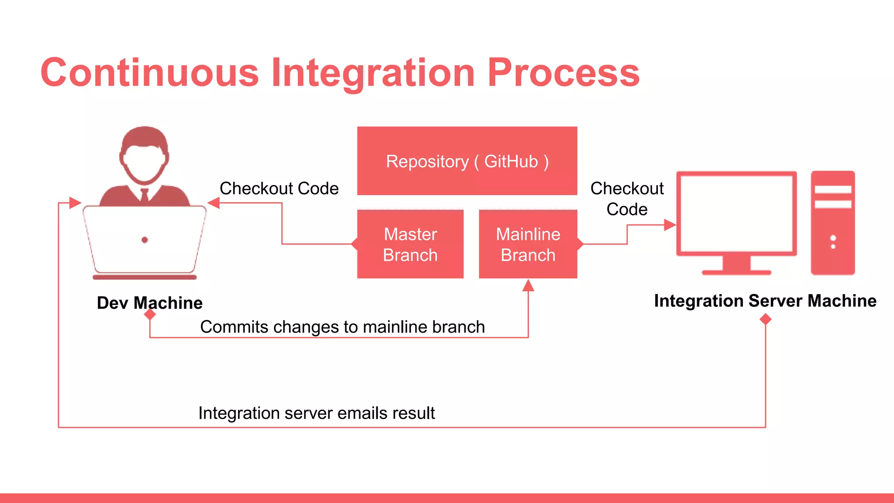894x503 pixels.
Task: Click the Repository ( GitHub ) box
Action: click(x=467, y=161)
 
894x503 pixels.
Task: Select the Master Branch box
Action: click(x=410, y=244)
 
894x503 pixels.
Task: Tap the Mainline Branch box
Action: click(x=528, y=244)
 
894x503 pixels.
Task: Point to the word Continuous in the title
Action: click(x=150, y=72)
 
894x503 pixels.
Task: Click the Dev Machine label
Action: click(x=149, y=303)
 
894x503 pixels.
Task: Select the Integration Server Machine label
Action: click(x=765, y=301)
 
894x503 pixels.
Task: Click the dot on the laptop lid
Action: click(x=145, y=240)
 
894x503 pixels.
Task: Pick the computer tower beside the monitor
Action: click(x=832, y=223)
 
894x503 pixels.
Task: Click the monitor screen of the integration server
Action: click(x=736, y=214)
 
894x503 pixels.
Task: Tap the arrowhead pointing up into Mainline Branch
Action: click(x=528, y=286)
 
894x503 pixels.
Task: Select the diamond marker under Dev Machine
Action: click(x=150, y=314)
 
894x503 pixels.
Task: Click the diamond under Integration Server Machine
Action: click(x=765, y=320)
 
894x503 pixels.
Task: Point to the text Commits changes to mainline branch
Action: click(x=342, y=327)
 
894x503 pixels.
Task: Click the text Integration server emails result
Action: click(x=316, y=413)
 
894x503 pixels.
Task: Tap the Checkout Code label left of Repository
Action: click(x=279, y=189)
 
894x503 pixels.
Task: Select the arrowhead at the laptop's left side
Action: click(x=75, y=203)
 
